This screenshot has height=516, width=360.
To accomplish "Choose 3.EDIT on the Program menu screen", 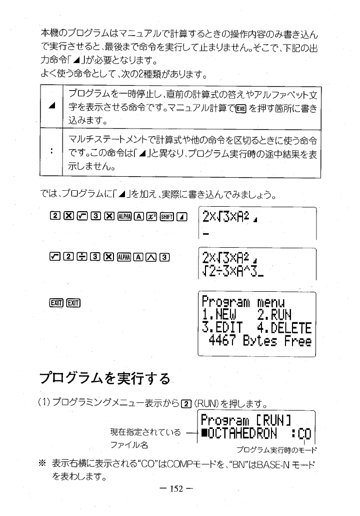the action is pyautogui.click(x=222, y=328).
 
